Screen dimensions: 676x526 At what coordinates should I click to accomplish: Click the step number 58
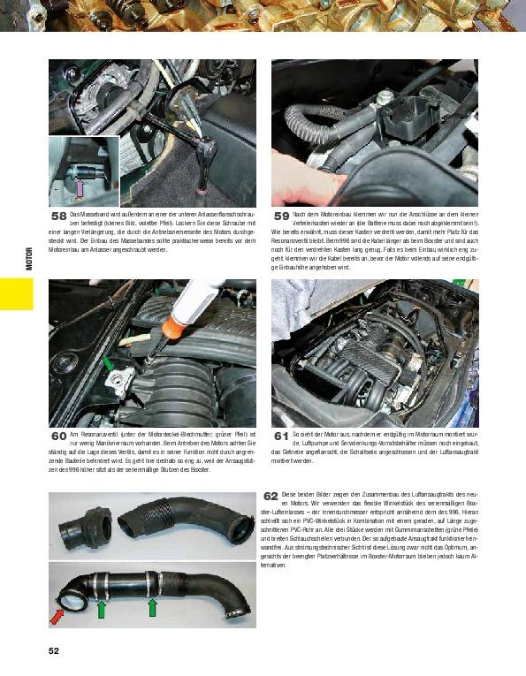point(59,216)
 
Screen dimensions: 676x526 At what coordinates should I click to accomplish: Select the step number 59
point(281,216)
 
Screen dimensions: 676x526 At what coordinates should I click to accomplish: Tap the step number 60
point(59,437)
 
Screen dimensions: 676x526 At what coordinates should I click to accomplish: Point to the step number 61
point(281,437)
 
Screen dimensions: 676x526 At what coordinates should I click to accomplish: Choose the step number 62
point(271,496)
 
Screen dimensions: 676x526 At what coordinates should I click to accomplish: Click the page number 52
point(54,651)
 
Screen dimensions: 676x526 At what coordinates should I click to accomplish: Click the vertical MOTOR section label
point(28,258)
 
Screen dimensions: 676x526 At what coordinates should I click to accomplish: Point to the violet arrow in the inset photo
point(80,186)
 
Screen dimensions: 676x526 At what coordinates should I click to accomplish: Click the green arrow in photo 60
point(108,363)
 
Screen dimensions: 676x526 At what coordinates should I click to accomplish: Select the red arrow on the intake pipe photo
point(57,615)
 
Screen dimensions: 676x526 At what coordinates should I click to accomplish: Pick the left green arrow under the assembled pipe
point(101,609)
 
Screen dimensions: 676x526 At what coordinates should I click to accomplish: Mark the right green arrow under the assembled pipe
point(153,607)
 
